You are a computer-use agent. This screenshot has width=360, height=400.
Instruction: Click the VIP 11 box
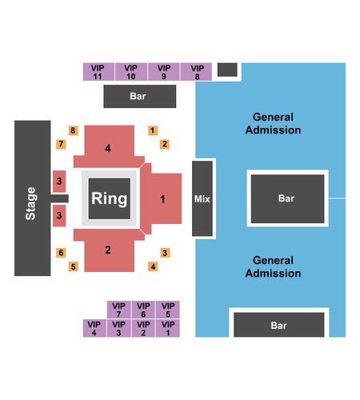tap(98, 72)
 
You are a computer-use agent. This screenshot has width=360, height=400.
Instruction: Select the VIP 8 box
tap(197, 72)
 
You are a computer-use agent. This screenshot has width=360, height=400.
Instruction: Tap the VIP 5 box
tap(168, 310)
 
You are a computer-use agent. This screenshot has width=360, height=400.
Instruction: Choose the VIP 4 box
tap(94, 328)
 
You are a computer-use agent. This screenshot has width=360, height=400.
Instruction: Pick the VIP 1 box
tap(168, 328)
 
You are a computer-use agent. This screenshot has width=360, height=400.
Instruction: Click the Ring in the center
tap(110, 198)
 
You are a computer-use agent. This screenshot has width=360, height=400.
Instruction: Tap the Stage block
tap(33, 198)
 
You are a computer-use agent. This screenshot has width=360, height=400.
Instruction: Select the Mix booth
tap(202, 198)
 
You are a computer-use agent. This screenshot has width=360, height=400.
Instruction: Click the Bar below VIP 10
tap(140, 96)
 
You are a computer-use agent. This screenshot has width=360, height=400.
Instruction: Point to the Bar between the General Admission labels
tap(287, 198)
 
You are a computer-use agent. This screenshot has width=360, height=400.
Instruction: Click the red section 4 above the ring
tap(109, 146)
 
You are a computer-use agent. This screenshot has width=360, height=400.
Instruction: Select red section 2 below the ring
tap(109, 250)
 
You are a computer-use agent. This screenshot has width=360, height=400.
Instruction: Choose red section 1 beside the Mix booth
tap(161, 198)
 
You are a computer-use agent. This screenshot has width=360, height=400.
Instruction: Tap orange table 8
tap(73, 130)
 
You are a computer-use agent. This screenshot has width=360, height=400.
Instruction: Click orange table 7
tap(61, 144)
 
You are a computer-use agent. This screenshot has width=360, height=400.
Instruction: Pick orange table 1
tap(153, 130)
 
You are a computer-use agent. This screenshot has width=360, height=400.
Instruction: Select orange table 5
tap(74, 266)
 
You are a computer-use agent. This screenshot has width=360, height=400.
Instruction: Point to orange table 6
tap(61, 253)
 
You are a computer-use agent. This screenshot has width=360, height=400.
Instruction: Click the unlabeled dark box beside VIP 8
tap(227, 70)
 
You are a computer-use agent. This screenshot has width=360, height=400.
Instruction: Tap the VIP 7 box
tap(119, 310)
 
